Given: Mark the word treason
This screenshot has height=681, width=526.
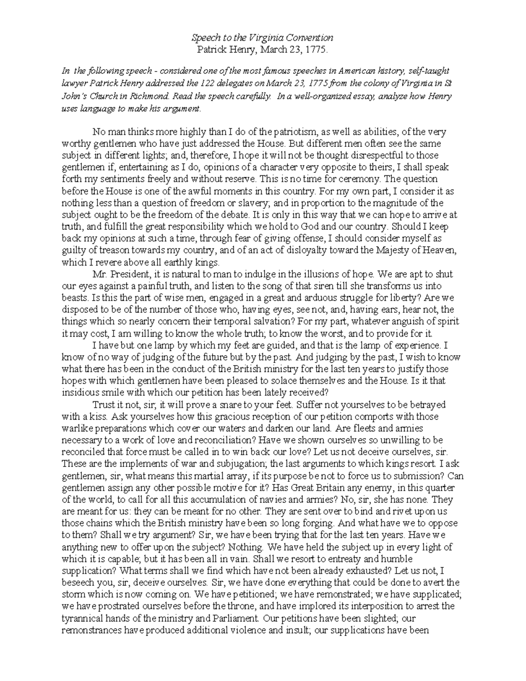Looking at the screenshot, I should (x=106, y=251).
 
